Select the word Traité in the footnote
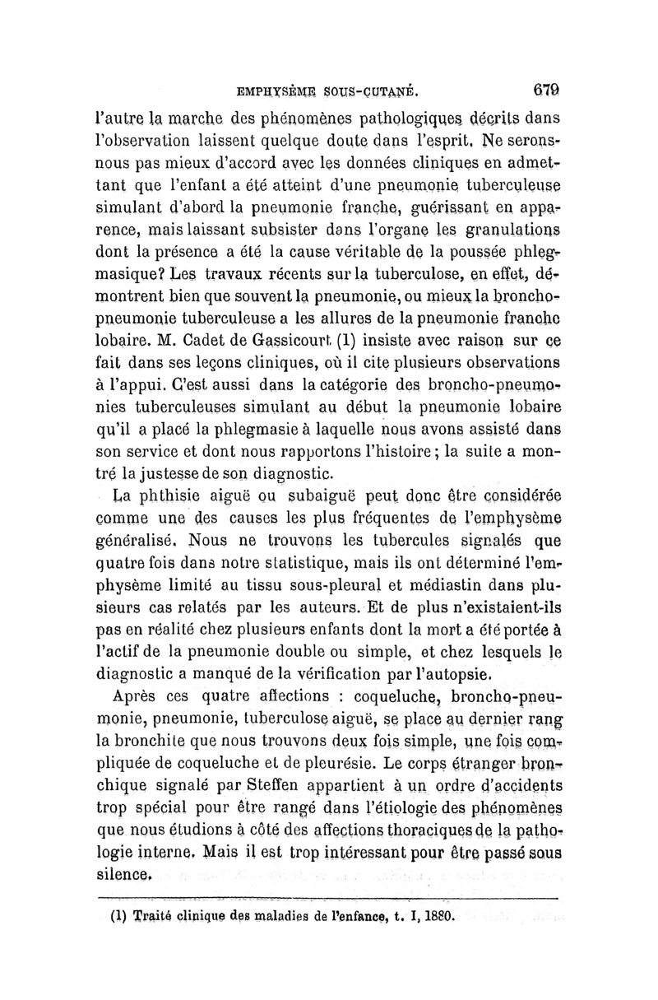pos(151,914)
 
